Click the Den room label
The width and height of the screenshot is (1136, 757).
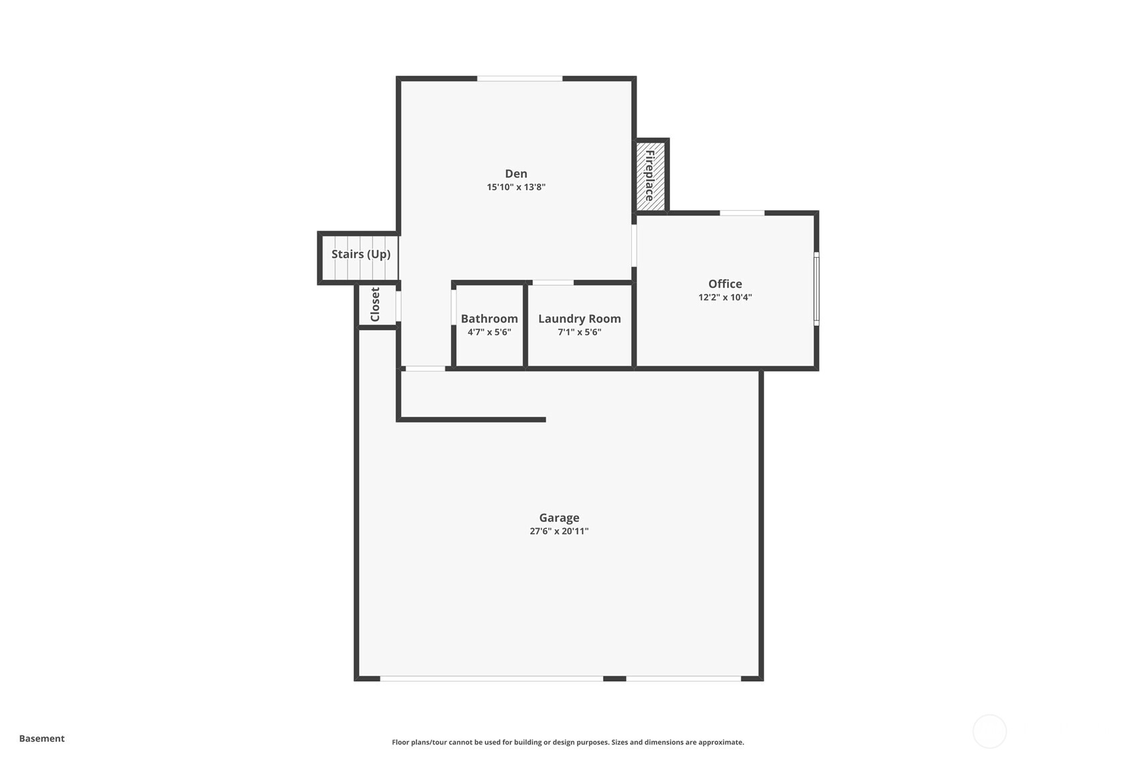(x=515, y=174)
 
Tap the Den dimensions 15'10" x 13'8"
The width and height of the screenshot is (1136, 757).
(x=515, y=187)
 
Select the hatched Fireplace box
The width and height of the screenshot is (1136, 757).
(x=651, y=175)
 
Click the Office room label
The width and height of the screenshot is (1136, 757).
(x=725, y=284)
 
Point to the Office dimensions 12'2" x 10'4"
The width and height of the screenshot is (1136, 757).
(x=725, y=297)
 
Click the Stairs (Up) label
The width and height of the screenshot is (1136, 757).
(x=361, y=254)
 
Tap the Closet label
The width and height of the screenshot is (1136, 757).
(x=375, y=305)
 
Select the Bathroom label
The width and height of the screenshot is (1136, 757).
(x=489, y=319)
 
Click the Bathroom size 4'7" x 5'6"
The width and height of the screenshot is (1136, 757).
(x=489, y=332)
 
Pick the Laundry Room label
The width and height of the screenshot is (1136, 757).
(x=579, y=319)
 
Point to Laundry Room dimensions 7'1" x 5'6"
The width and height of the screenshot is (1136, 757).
(x=579, y=332)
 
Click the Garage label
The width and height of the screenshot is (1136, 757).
(x=559, y=517)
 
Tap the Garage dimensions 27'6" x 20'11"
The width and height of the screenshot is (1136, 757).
(x=559, y=531)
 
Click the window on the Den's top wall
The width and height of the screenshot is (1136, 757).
(x=519, y=79)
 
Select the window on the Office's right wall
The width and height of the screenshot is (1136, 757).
(x=816, y=288)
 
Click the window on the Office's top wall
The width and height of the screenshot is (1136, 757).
(x=742, y=213)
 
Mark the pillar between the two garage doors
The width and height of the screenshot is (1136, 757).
(x=615, y=679)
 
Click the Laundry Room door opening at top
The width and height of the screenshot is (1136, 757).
(x=553, y=282)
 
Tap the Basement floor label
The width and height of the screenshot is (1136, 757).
(x=42, y=738)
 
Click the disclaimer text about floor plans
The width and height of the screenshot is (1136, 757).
(x=568, y=742)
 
